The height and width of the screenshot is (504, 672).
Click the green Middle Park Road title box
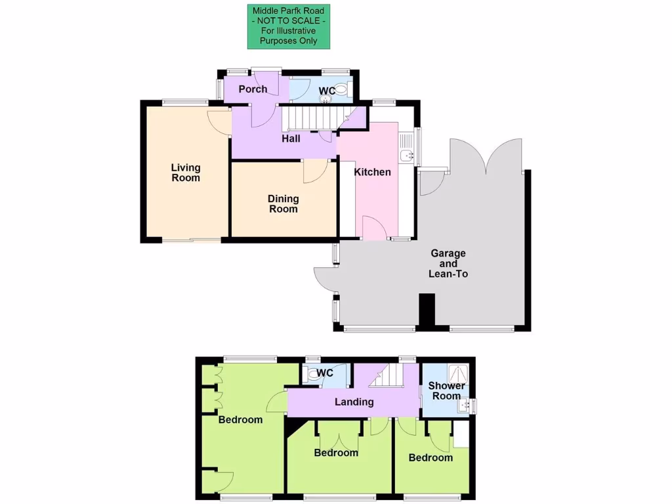click(288, 26)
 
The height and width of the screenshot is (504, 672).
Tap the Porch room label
click(253, 89)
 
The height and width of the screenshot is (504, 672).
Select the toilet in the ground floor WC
click(340, 91)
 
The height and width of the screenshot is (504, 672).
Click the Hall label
click(291, 138)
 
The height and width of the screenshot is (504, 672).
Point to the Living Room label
click(186, 173)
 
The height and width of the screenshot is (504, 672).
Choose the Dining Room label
click(283, 203)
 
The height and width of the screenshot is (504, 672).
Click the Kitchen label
click(372, 172)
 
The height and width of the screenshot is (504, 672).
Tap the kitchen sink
click(407, 156)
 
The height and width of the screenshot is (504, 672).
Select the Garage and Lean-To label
click(448, 263)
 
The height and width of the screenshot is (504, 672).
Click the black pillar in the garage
click(427, 310)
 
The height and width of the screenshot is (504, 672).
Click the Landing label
click(354, 402)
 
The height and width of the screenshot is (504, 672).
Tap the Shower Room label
click(446, 390)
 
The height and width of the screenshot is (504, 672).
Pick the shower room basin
click(467, 406)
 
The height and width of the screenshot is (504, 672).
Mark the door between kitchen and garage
click(374, 228)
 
